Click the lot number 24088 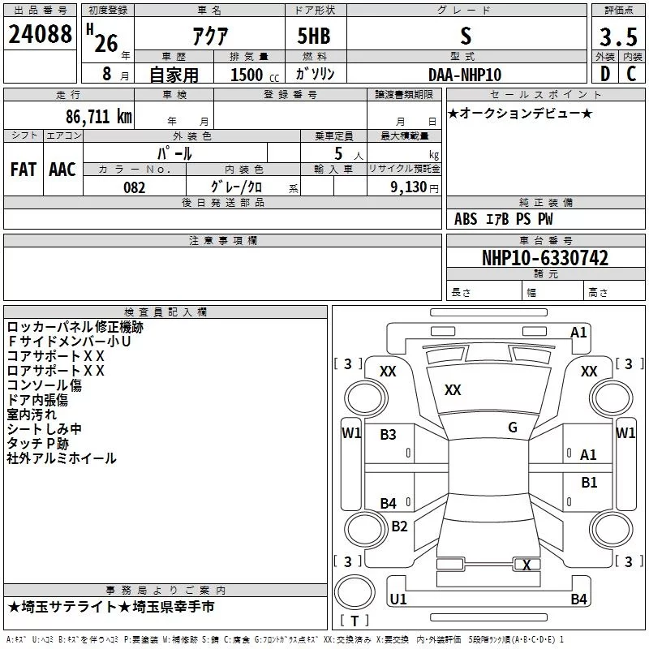pyautogui.click(x=40, y=34)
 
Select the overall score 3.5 pyautogui.click(x=618, y=37)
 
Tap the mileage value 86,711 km pyautogui.click(x=99, y=117)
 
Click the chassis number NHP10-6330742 pyautogui.click(x=545, y=258)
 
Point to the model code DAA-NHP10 pyautogui.click(x=465, y=75)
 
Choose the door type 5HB pyautogui.click(x=314, y=36)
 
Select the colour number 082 pyautogui.click(x=135, y=187)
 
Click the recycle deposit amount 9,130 pyautogui.click(x=409, y=187)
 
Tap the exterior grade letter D pyautogui.click(x=605, y=74)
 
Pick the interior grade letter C pyautogui.click(x=631, y=74)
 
